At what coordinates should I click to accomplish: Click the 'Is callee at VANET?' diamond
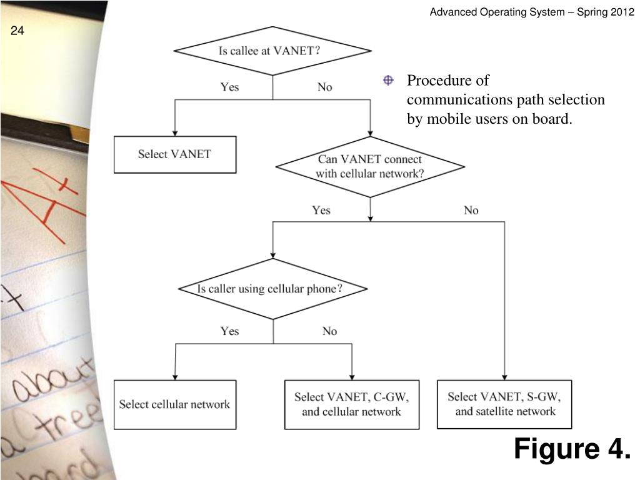pyautogui.click(x=272, y=51)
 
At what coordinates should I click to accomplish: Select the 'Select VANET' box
pyautogui.click(x=175, y=154)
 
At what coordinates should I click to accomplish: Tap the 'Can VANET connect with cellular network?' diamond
pyautogui.click(x=370, y=167)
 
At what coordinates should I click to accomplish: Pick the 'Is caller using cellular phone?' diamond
pyautogui.click(x=272, y=289)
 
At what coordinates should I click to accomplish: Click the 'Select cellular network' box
pyautogui.click(x=175, y=404)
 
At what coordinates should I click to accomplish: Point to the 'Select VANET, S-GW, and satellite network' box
pyautogui.click(x=504, y=404)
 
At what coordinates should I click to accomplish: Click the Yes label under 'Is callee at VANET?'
pyautogui.click(x=229, y=87)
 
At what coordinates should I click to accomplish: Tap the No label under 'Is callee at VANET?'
pyautogui.click(x=324, y=87)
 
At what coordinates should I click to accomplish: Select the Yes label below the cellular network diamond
pyautogui.click(x=321, y=210)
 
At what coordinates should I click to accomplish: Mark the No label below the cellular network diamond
pyautogui.click(x=471, y=210)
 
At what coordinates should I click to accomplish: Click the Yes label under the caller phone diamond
pyautogui.click(x=229, y=331)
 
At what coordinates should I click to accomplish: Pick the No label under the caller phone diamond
pyautogui.click(x=329, y=331)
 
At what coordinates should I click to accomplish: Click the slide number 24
pyautogui.click(x=17, y=31)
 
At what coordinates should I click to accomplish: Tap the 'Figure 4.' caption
pyautogui.click(x=572, y=449)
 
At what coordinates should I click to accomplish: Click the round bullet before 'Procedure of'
pyautogui.click(x=387, y=81)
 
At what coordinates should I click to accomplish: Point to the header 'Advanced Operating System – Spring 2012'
pyautogui.click(x=532, y=12)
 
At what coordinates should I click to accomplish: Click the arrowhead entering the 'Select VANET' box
pyautogui.click(x=175, y=132)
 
